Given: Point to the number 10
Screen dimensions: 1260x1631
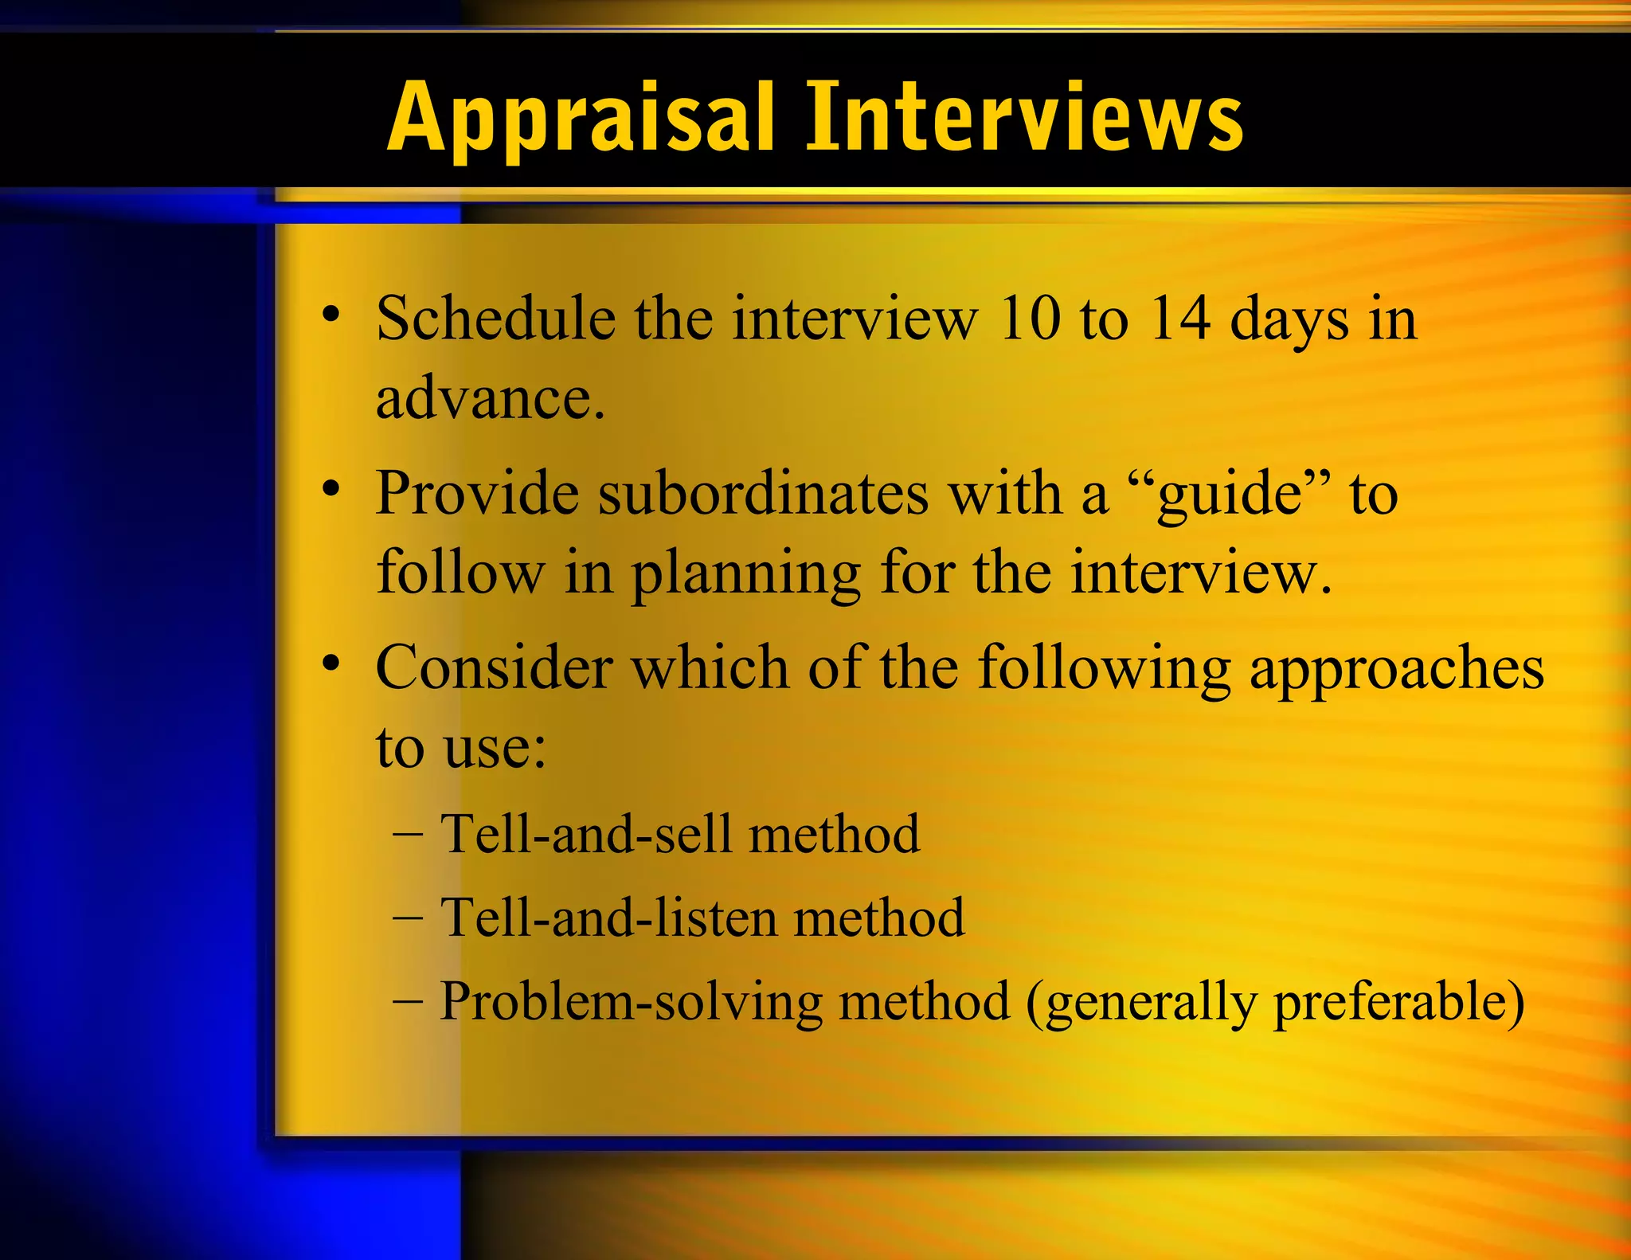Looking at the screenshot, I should (x=1029, y=319).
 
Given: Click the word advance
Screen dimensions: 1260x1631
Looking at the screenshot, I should (x=489, y=398).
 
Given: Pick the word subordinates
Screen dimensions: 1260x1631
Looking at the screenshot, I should (x=763, y=494).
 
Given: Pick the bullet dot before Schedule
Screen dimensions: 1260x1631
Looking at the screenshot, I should (x=331, y=313).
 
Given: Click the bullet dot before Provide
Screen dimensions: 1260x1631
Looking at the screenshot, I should (x=331, y=487).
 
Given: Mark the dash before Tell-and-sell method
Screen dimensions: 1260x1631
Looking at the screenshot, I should (x=408, y=835).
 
